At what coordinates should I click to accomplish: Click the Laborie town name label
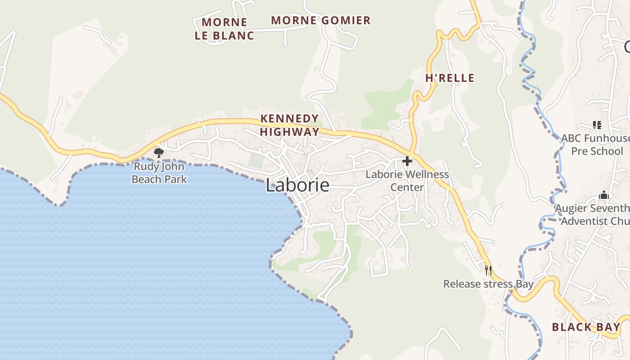tap(297, 185)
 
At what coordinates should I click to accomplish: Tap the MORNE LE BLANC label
tap(225, 29)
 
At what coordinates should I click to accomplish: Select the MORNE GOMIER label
tap(321, 20)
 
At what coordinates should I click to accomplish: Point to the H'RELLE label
tap(450, 78)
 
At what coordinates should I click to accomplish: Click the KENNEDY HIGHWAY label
tap(290, 125)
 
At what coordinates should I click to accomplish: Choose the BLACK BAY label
tap(586, 327)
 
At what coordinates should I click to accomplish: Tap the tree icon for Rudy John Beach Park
tap(158, 153)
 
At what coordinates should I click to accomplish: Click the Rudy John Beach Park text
tap(159, 173)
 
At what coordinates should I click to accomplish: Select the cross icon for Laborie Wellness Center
tap(407, 161)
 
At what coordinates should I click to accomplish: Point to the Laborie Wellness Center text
tap(407, 180)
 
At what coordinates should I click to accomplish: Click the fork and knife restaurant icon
tap(488, 270)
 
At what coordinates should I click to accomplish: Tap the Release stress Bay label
tap(488, 284)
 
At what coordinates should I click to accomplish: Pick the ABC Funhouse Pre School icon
tap(597, 125)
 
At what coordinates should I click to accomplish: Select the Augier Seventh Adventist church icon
tap(603, 195)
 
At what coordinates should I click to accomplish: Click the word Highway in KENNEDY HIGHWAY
tap(290, 132)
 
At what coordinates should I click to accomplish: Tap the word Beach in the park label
tap(149, 179)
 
